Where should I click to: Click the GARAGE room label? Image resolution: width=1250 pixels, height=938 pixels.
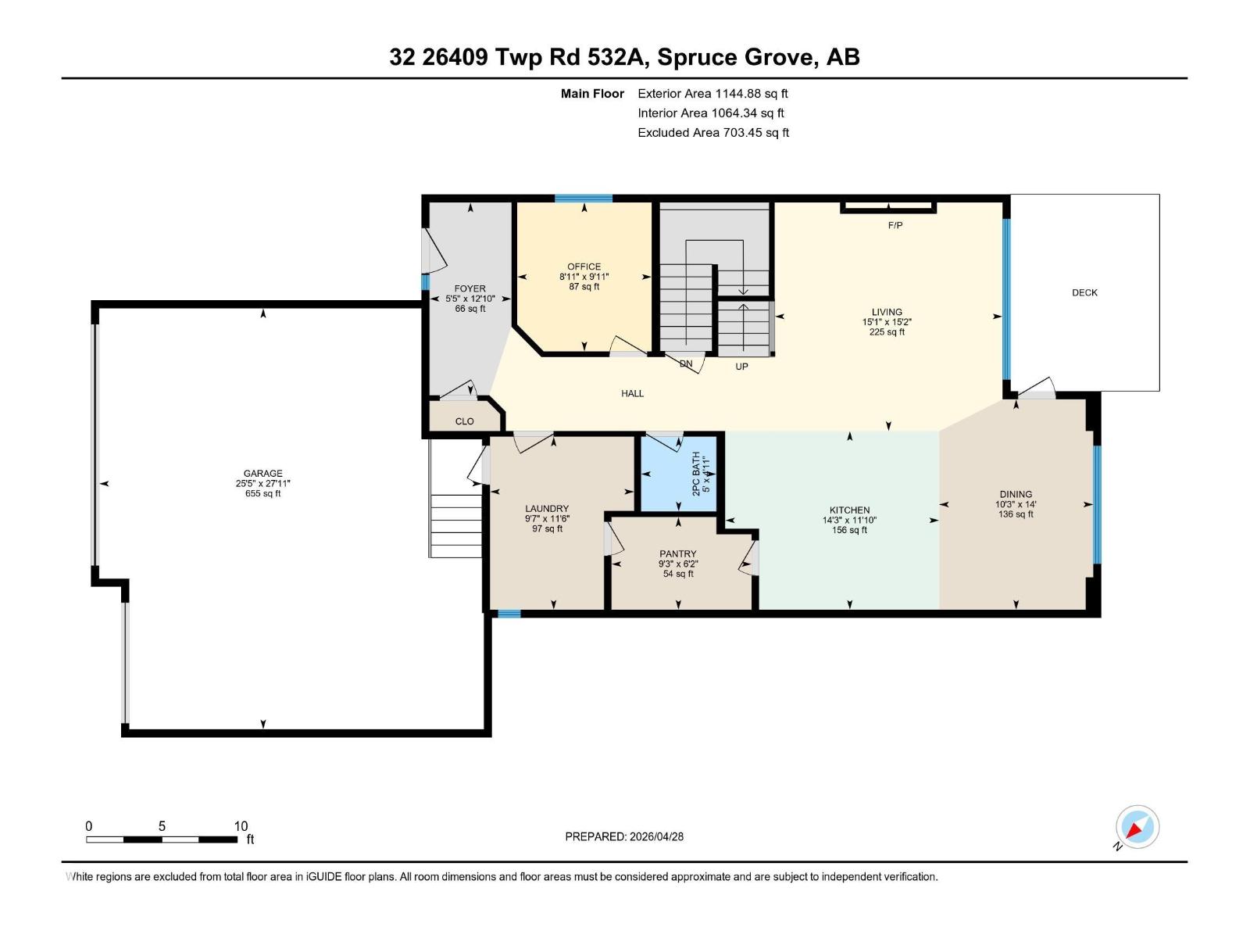click(x=262, y=473)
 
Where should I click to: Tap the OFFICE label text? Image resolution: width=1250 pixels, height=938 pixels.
click(x=584, y=267)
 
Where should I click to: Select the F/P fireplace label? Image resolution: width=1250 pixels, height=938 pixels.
click(x=895, y=226)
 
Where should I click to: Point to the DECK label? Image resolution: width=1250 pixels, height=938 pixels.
click(x=1084, y=292)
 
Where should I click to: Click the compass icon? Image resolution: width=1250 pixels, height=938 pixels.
click(x=1137, y=827)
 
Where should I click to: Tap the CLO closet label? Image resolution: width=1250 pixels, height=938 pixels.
click(x=464, y=421)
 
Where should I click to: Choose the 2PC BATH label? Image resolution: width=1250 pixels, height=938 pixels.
click(x=696, y=474)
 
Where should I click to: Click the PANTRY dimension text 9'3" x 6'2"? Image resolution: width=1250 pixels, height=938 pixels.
click(x=677, y=564)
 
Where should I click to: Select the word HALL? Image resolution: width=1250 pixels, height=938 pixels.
click(x=632, y=393)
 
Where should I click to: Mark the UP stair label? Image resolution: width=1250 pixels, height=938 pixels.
click(x=741, y=367)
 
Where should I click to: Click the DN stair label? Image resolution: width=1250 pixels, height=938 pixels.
click(x=686, y=363)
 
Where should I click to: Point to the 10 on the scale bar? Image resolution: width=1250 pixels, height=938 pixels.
click(x=241, y=825)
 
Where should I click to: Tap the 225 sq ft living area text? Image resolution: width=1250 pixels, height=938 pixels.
click(x=887, y=332)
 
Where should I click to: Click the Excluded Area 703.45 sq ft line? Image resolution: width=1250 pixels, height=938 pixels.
click(x=713, y=133)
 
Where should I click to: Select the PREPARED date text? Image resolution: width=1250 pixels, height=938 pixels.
click(x=624, y=836)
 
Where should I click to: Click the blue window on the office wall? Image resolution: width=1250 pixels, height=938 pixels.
click(x=584, y=199)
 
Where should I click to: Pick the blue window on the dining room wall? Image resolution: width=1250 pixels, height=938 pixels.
click(x=1098, y=505)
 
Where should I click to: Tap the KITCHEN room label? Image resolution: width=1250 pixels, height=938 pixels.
click(x=849, y=510)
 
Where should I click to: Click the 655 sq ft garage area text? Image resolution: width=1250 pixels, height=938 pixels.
click(x=262, y=494)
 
